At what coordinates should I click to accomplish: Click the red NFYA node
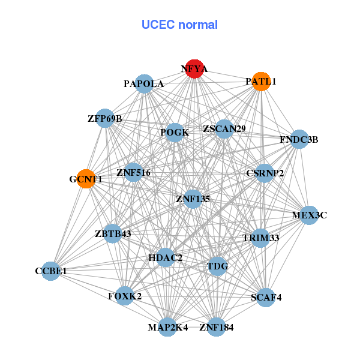[x=194, y=69]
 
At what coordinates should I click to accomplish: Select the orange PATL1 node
[x=261, y=81]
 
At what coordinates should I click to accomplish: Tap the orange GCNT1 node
[x=86, y=179]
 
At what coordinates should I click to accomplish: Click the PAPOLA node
[x=144, y=84]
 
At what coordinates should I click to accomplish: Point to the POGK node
[x=174, y=133]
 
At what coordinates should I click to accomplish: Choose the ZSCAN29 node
[x=224, y=128]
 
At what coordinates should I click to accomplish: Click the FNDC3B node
[x=299, y=140]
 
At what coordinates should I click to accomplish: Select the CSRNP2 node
[x=265, y=173]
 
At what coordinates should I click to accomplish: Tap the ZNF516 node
[x=133, y=173]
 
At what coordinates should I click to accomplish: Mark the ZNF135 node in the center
[x=193, y=198]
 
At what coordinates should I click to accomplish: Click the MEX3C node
[x=309, y=215]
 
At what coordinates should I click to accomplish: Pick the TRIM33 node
[x=260, y=238]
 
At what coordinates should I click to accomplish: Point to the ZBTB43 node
[x=113, y=233]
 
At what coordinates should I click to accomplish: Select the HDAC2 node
[x=165, y=258]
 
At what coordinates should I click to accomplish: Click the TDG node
[x=217, y=266]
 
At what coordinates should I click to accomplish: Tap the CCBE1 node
[x=50, y=271]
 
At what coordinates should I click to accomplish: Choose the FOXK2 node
[x=125, y=296]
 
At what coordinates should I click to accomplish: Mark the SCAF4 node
[x=266, y=296]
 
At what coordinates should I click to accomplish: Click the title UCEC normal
[x=179, y=25]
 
